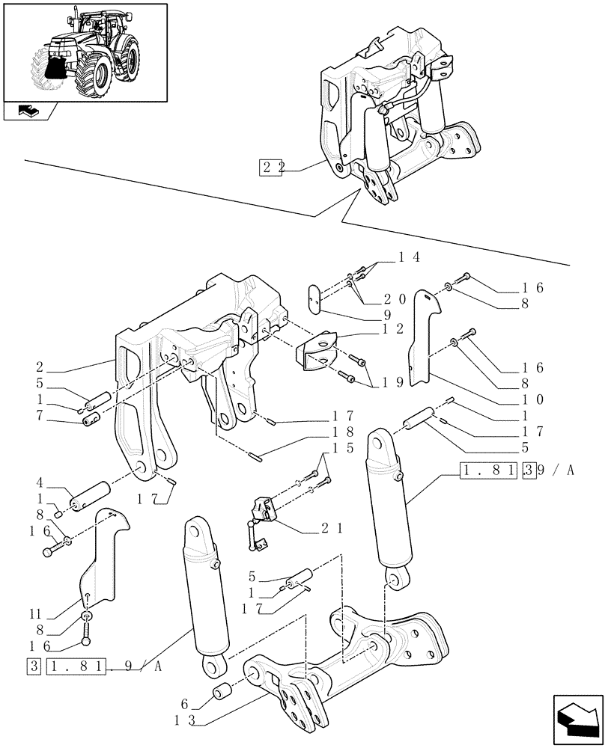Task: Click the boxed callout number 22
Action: click(x=270, y=167)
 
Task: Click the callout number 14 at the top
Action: click(x=408, y=257)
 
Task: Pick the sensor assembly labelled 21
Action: click(x=261, y=512)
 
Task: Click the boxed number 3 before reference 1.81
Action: click(x=34, y=665)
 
